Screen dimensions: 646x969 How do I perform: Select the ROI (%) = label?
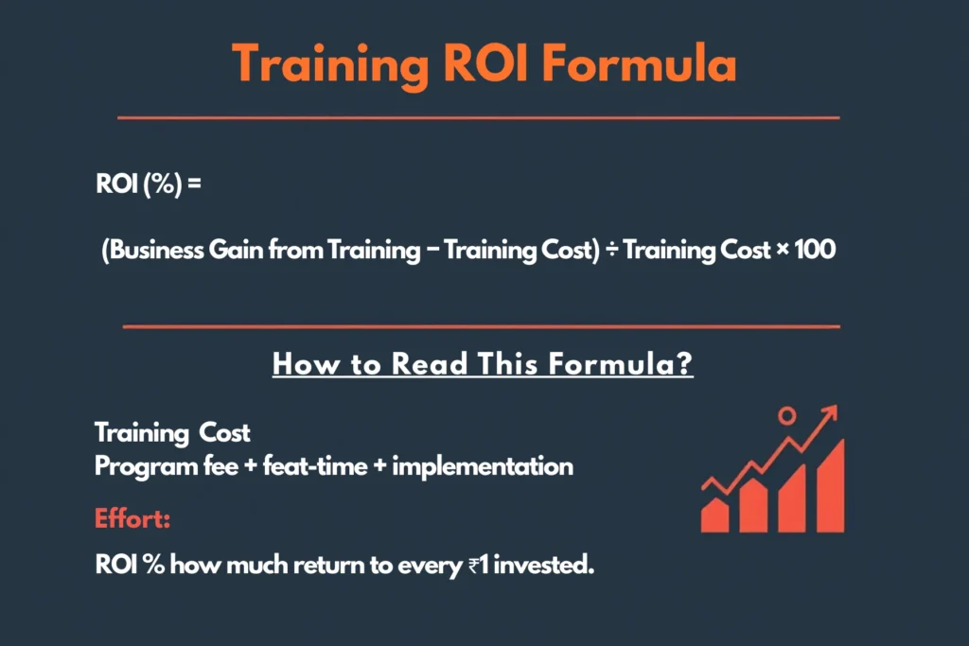tap(149, 183)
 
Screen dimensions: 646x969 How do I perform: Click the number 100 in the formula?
tap(815, 253)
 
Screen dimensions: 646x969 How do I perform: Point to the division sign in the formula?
tap(612, 253)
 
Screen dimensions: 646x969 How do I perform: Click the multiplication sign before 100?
tap(783, 253)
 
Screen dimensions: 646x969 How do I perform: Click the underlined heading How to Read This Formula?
tap(483, 365)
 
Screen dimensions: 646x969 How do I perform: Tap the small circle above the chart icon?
tap(786, 414)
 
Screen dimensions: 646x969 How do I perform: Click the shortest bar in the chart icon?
tap(714, 515)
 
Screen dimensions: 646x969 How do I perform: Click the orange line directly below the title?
tap(478, 118)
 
